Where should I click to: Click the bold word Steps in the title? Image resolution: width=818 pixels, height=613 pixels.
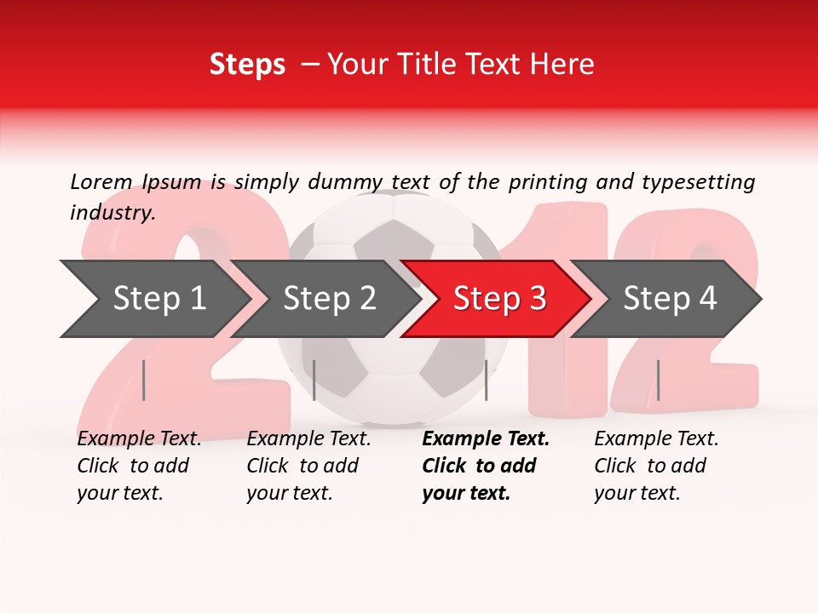(x=247, y=65)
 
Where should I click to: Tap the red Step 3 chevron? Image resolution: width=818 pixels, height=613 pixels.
(x=499, y=298)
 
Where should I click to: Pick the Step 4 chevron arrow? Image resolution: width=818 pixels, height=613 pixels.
(x=670, y=298)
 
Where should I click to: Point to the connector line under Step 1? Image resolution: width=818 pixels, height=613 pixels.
(x=143, y=380)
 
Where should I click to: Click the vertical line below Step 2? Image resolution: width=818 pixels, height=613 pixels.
(x=314, y=380)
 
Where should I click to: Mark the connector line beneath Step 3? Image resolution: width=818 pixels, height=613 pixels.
(x=486, y=380)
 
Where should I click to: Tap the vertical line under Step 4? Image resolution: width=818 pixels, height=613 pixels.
(x=658, y=380)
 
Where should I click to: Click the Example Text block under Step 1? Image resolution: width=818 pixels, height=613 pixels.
(x=139, y=466)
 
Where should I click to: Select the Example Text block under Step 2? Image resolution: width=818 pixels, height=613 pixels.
(x=308, y=466)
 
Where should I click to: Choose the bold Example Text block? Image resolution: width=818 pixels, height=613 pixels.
(x=485, y=466)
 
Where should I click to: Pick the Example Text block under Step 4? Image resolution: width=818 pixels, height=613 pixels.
(x=656, y=466)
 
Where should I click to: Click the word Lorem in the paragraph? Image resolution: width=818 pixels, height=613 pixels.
(x=101, y=181)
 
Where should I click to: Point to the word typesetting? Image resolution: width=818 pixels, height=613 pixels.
(x=698, y=181)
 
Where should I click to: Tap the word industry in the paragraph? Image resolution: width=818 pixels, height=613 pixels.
(x=112, y=213)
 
